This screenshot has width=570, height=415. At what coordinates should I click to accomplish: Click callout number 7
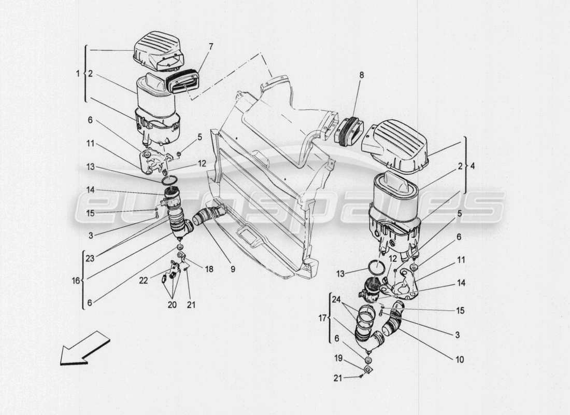pyautogui.click(x=210, y=47)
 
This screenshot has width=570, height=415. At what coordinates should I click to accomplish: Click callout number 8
pyautogui.click(x=361, y=75)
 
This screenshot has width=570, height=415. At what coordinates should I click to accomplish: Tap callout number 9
pyautogui.click(x=233, y=269)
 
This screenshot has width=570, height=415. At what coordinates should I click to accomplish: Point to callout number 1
pyautogui.click(x=78, y=74)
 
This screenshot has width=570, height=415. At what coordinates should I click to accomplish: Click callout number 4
pyautogui.click(x=471, y=167)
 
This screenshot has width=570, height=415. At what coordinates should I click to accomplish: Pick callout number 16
pyautogui.click(x=76, y=280)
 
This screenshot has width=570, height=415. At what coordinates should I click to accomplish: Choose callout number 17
pyautogui.click(x=323, y=318)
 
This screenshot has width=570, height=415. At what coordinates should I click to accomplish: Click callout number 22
pyautogui.click(x=143, y=280)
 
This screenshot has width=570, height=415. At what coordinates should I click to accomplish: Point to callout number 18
pyautogui.click(x=208, y=270)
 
